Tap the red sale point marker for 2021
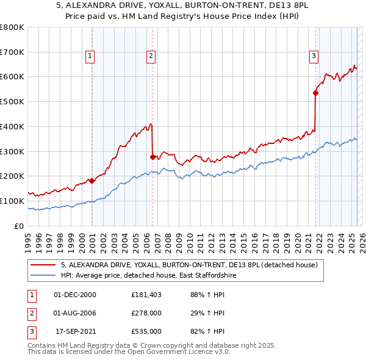(x=315, y=93)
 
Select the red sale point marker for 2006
(x=152, y=157)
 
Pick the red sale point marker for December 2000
(x=91, y=181)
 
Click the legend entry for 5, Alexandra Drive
(x=189, y=265)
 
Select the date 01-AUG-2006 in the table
(x=76, y=313)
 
